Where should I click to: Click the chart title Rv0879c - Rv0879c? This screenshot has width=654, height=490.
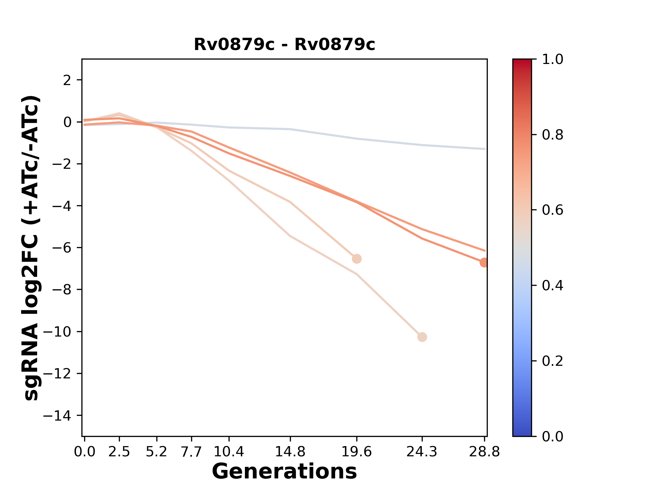tap(284, 45)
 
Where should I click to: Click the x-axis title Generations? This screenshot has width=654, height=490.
tap(284, 472)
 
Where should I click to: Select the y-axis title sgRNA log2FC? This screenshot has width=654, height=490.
tap(32, 248)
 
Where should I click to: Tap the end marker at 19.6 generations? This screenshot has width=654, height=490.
tap(357, 259)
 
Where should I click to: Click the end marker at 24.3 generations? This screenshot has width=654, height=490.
tap(422, 337)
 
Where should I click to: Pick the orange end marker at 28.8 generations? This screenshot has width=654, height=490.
tap(484, 262)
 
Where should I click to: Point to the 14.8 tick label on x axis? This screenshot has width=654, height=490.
tap(290, 452)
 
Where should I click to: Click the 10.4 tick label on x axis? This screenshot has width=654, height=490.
tap(229, 452)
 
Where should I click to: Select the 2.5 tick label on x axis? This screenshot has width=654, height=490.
tap(119, 452)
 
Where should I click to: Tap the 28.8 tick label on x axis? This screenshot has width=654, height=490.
tap(484, 452)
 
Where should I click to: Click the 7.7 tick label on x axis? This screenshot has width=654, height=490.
tap(192, 452)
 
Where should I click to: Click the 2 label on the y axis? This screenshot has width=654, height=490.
tap(67, 80)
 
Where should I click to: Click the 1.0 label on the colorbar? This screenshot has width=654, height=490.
tap(552, 60)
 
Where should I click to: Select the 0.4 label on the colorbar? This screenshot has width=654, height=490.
tap(552, 285)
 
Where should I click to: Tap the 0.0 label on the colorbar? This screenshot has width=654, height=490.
tap(552, 436)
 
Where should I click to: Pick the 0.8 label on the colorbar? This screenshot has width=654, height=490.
tap(552, 135)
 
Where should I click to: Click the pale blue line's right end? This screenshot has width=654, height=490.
tap(485, 149)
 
